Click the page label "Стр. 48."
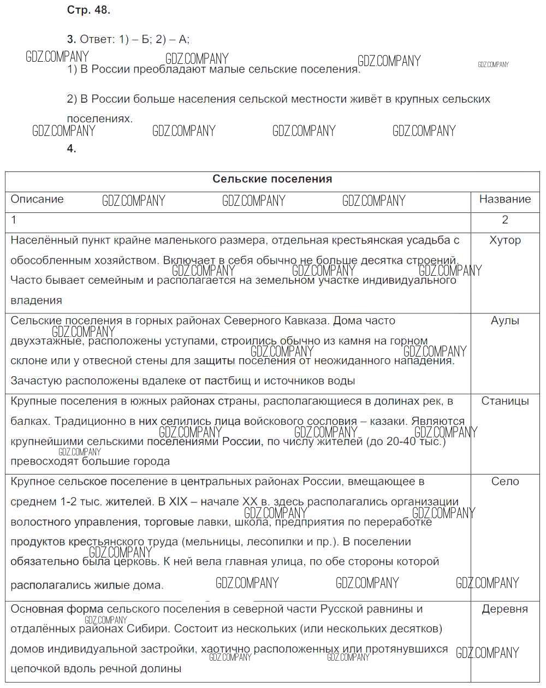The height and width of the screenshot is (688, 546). click(88, 10)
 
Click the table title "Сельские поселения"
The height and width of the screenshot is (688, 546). click(272, 179)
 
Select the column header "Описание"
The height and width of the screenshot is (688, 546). click(37, 199)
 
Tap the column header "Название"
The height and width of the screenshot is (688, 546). click(505, 199)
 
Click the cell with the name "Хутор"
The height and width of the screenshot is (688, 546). click(505, 240)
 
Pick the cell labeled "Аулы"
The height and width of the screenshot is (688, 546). click(505, 321)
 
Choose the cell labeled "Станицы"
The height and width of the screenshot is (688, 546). click(505, 401)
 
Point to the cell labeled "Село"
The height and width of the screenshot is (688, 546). click(505, 482)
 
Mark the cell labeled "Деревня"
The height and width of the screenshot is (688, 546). click(505, 609)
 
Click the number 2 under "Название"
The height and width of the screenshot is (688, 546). click(505, 220)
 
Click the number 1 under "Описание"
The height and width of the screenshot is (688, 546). click(14, 220)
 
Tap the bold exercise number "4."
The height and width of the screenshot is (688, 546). click(72, 149)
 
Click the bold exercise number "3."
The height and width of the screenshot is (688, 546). click(72, 39)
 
